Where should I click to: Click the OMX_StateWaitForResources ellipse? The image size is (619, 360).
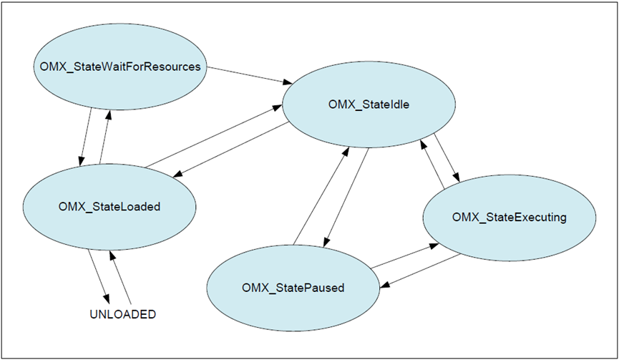pos(120,67)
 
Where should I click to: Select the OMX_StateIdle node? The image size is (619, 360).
pos(369,105)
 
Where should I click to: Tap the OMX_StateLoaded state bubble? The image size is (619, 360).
pos(109,207)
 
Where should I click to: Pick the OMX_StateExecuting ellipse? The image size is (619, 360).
pos(509,217)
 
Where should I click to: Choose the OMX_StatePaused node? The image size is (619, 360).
pos(293,288)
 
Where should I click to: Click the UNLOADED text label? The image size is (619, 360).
pos(122,314)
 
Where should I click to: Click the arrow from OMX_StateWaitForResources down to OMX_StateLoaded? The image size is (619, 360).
pos(87,136)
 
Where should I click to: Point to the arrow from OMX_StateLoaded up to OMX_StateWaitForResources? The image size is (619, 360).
pos(104,136)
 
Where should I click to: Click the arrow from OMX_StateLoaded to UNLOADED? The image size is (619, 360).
pos(99,276)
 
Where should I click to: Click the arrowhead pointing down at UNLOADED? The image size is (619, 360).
pos(107,298)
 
